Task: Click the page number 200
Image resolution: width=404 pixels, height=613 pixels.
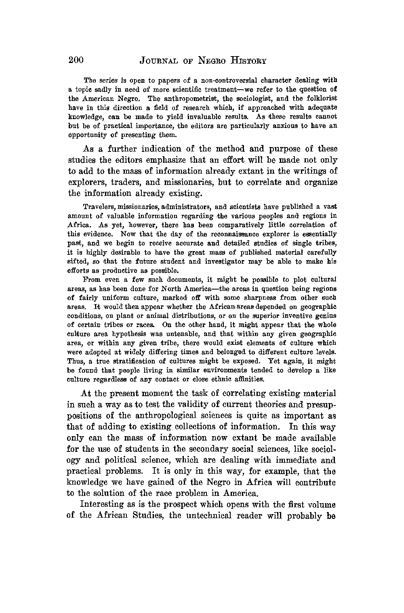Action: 76,61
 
